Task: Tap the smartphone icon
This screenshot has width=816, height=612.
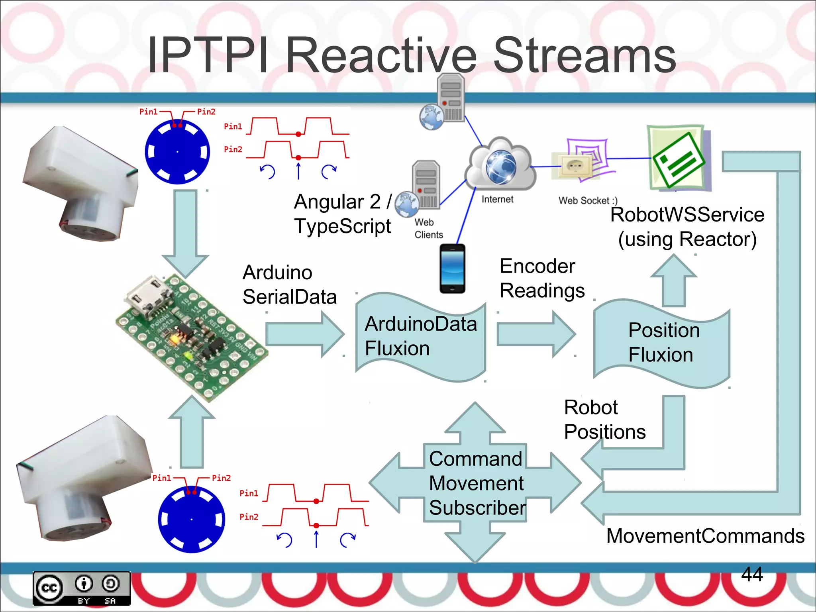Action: click(452, 269)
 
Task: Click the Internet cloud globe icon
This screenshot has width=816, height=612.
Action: click(500, 166)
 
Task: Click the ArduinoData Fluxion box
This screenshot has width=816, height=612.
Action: click(420, 337)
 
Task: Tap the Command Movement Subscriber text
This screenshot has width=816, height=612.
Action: click(477, 483)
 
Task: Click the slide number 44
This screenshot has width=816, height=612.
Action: click(752, 574)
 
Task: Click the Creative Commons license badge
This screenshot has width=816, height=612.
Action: click(82, 588)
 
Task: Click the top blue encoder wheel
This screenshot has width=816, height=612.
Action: click(177, 152)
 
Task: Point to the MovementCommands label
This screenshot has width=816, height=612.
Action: click(705, 535)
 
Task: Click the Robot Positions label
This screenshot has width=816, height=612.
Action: click(604, 420)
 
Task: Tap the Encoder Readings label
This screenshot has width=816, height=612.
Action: click(542, 278)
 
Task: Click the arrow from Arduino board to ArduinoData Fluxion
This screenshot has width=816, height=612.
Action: click(305, 334)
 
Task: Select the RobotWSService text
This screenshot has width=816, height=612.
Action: click(687, 215)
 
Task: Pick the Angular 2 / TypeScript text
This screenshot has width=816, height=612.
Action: click(343, 214)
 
